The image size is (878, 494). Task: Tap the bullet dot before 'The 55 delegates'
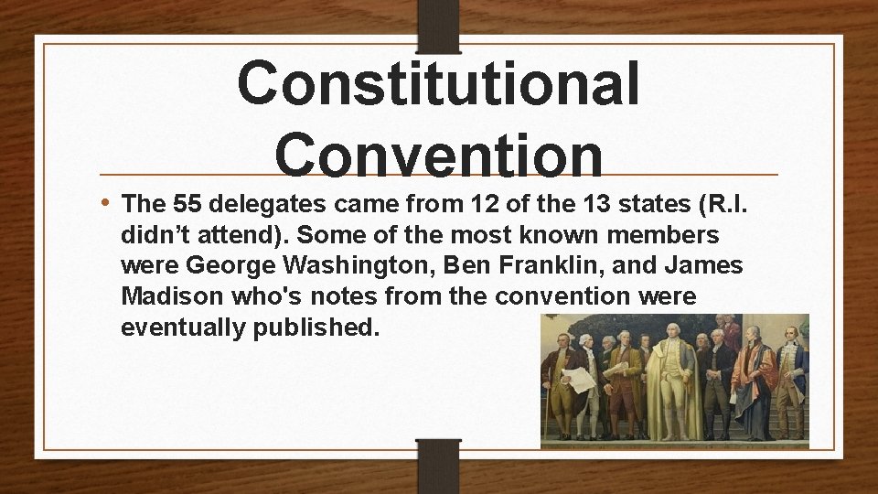click(107, 201)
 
